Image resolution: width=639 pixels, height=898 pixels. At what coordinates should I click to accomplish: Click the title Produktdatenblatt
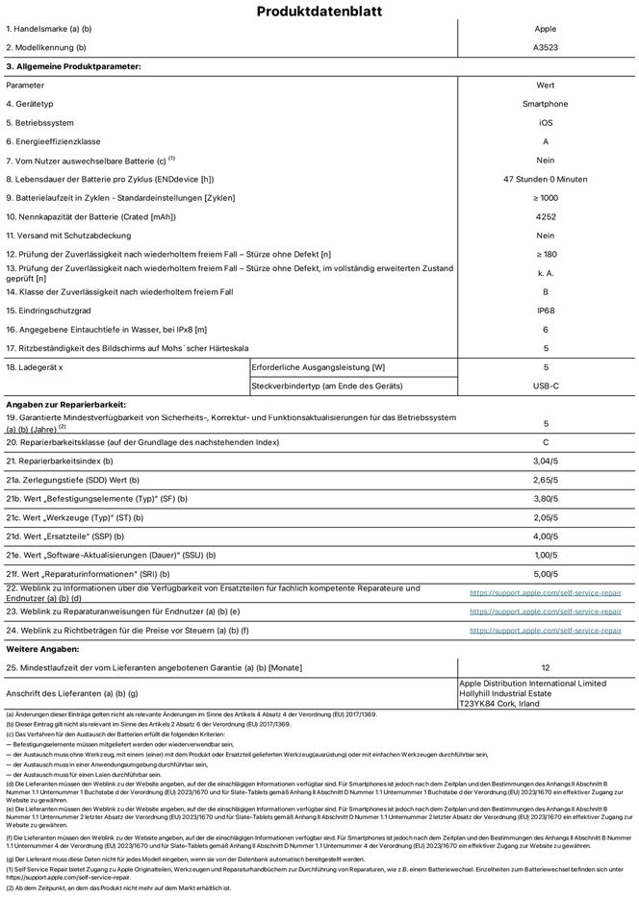(x=319, y=12)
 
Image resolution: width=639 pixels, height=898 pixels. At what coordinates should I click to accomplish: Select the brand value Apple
(x=546, y=30)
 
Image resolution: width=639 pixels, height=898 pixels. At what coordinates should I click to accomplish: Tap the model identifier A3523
(x=546, y=47)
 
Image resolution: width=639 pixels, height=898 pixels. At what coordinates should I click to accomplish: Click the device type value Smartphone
(x=546, y=104)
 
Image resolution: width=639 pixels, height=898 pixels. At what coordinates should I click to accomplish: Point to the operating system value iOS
(x=546, y=123)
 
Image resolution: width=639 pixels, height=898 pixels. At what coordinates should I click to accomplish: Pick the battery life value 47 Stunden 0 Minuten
(x=546, y=179)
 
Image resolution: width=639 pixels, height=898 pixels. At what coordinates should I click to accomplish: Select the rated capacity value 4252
(x=546, y=216)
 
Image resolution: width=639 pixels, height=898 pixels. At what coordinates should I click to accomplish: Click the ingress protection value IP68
(x=546, y=311)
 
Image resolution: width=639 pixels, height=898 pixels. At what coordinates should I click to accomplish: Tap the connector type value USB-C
(x=546, y=386)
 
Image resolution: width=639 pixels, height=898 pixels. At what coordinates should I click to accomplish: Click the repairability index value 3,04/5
(x=546, y=461)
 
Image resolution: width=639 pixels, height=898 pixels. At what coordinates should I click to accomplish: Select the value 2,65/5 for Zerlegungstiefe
(x=546, y=479)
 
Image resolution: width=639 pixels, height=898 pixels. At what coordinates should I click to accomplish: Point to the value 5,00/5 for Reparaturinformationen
(x=546, y=573)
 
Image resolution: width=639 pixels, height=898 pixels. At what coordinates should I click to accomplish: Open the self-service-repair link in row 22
(x=546, y=592)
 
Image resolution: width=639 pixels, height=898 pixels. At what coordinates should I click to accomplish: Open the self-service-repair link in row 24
(x=546, y=631)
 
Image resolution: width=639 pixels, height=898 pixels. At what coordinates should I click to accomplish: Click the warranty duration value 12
(x=546, y=666)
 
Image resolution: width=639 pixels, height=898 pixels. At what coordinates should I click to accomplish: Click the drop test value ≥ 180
(x=546, y=254)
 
